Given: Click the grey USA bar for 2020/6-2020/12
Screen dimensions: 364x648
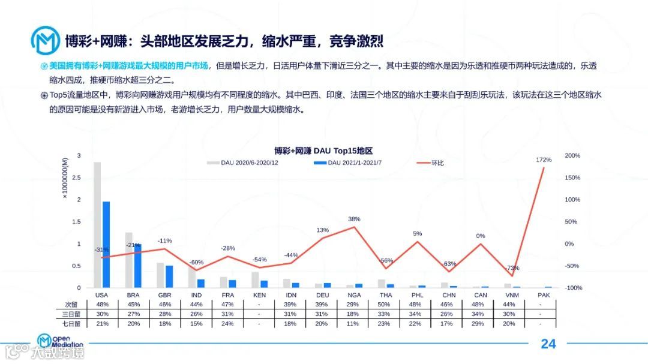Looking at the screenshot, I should pos(97,225).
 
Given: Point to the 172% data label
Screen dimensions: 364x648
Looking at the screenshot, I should pos(544,160).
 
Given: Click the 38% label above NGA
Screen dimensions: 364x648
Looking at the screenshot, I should pos(354,219).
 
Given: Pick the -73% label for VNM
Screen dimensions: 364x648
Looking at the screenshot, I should pos(512,268).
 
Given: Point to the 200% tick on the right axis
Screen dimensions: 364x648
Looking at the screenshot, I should pos(572,156).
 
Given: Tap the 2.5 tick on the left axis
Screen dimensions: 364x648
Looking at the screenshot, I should pos(76,178).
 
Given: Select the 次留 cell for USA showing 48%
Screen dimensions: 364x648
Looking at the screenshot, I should pos(102,305).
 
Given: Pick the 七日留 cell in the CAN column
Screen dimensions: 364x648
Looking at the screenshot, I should pos(481,324).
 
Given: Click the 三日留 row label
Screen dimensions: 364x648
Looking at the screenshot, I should pos(73,314).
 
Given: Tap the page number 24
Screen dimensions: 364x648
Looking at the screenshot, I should pos(548,344).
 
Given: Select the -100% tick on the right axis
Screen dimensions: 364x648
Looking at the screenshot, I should pos(574,288).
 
